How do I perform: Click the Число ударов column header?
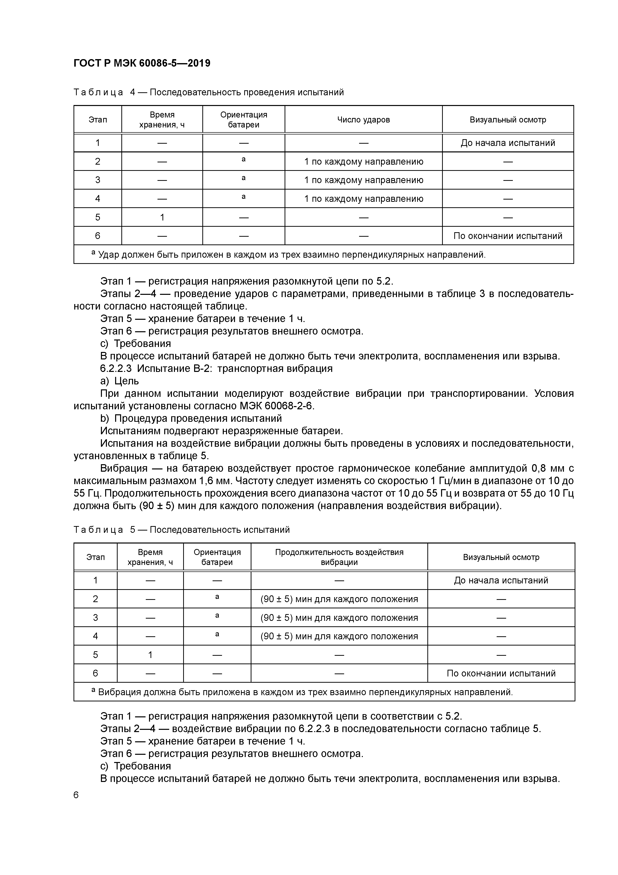pos(363,120)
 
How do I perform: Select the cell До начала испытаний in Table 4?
pos(508,143)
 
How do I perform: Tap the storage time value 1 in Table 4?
pos(162,217)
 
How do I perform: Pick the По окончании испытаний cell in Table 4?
pos(508,236)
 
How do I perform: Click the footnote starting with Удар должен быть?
pos(289,255)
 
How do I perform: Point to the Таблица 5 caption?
pos(181,530)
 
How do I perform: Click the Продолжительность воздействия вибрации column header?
pos(339,557)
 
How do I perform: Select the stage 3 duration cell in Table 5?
pos(339,618)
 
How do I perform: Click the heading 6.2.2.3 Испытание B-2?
pos(216,368)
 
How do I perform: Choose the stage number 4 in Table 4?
pos(97,199)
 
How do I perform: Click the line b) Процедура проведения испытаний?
pos(191,419)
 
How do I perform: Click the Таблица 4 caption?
pos(208,92)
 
